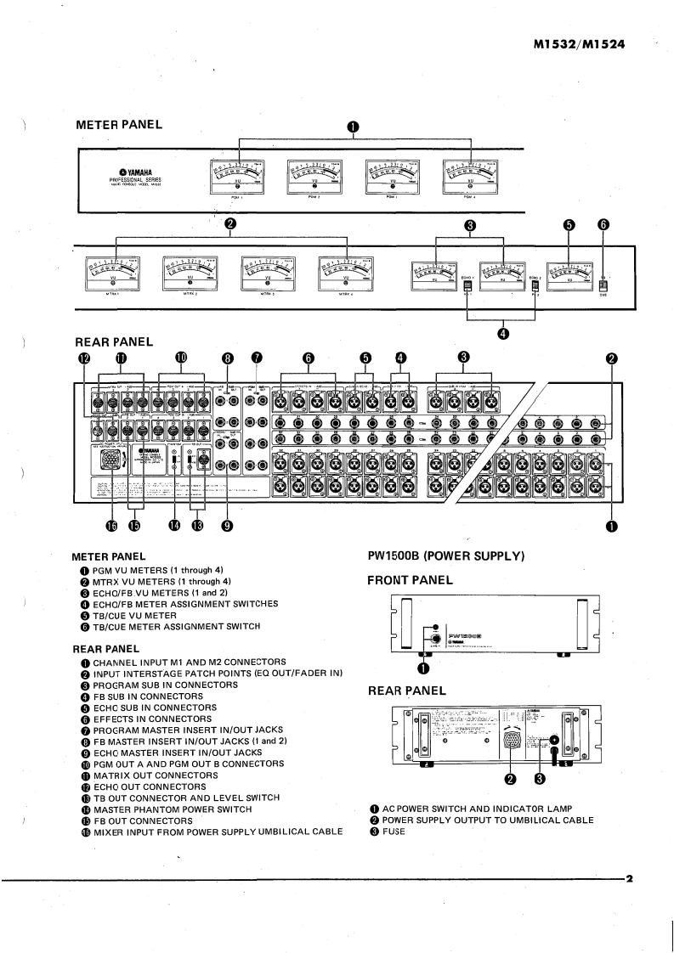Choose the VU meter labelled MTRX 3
pyautogui.click(x=268, y=273)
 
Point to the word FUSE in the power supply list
pyautogui.click(x=394, y=832)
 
